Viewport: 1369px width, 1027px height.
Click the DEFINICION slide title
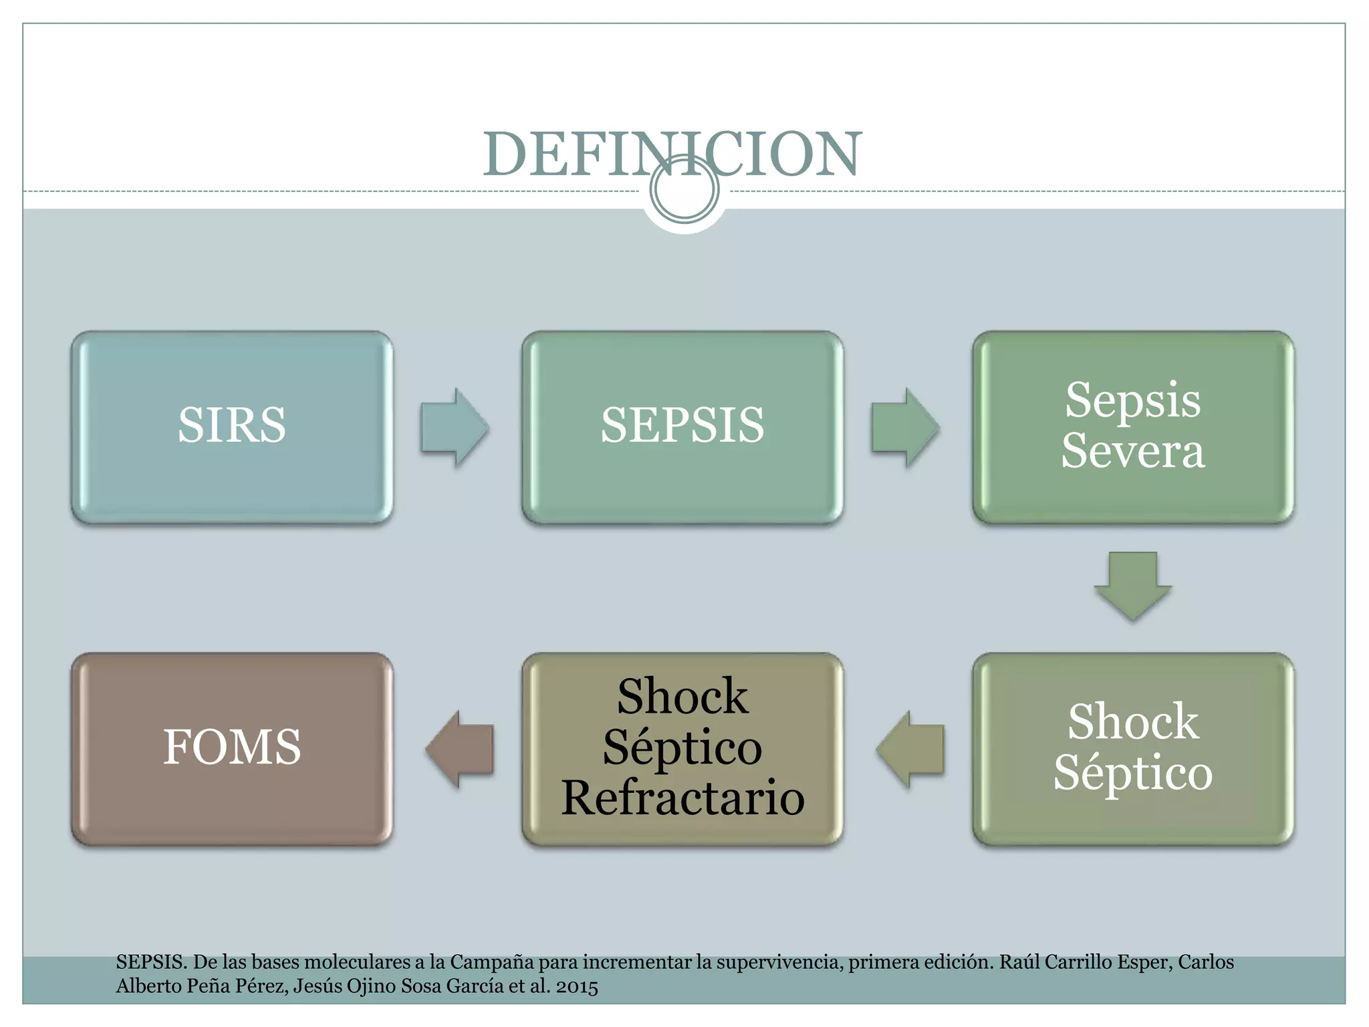pyautogui.click(x=672, y=154)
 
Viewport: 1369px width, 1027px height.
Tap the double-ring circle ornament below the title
pyautogui.click(x=684, y=190)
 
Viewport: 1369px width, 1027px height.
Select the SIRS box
pyautogui.click(x=232, y=427)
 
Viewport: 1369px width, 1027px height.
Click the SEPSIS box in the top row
pyautogui.click(x=682, y=427)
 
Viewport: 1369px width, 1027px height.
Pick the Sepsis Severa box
pyautogui.click(x=1133, y=427)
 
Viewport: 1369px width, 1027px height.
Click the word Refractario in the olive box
pyautogui.click(x=682, y=798)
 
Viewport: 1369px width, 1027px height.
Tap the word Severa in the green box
pyautogui.click(x=1133, y=451)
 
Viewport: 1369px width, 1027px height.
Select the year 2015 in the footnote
pyautogui.click(x=577, y=987)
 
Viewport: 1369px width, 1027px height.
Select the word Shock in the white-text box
pyautogui.click(x=1133, y=722)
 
